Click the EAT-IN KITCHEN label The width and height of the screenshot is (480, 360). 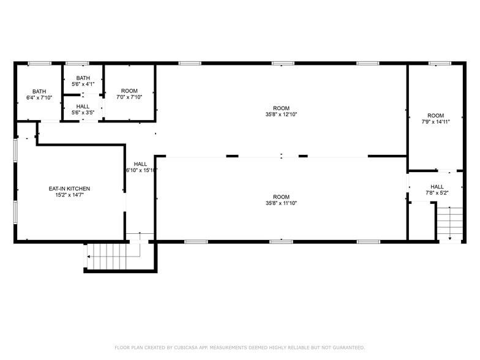point(69,189)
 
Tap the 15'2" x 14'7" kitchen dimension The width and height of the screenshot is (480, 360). point(69,196)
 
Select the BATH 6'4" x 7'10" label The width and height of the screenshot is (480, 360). point(39,94)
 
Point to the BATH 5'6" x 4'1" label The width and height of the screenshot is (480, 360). point(83,81)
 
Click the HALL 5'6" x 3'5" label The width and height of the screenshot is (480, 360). point(83,109)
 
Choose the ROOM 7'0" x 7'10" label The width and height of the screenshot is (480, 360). point(129,94)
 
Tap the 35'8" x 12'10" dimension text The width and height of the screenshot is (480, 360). point(281,114)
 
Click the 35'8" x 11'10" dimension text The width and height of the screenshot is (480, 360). point(281,203)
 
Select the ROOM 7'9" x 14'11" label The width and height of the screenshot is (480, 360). point(435,118)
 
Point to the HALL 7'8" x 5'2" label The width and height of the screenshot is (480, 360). point(437,190)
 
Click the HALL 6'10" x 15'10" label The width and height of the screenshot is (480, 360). point(140,167)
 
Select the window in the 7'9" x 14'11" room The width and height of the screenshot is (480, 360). point(440,63)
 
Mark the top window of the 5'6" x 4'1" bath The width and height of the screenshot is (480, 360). point(77,63)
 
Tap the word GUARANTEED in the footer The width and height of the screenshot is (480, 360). point(343,347)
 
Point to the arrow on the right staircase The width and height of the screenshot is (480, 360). point(450,238)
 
